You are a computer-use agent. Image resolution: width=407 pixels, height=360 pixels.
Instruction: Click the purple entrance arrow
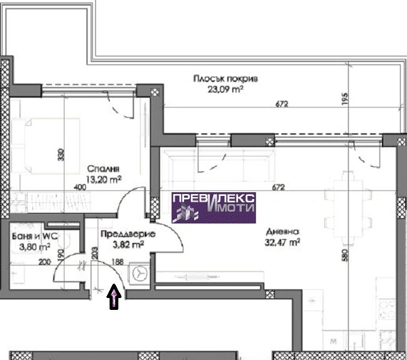tap(114, 297)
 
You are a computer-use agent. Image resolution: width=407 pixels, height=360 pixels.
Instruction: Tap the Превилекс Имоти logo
tap(214, 208)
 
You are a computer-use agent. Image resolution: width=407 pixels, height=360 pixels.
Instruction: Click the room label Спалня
tap(103, 168)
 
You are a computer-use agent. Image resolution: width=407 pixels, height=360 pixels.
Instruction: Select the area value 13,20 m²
tap(104, 179)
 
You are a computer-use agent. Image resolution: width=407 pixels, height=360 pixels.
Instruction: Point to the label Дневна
tap(282, 232)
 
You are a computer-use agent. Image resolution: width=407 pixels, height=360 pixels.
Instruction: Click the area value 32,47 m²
tap(282, 242)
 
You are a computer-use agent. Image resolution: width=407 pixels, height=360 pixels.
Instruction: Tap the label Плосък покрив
tap(226, 78)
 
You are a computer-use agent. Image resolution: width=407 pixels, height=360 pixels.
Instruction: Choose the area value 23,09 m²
tap(225, 90)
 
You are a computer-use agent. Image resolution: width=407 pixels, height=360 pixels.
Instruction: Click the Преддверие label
tap(128, 234)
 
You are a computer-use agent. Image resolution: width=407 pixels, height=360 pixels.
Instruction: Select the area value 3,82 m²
tap(128, 245)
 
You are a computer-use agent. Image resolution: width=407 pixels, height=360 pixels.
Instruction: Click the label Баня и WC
tap(35, 236)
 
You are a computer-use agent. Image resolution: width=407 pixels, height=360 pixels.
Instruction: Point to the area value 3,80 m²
tap(35, 247)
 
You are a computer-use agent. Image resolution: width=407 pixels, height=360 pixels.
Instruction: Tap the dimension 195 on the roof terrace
tap(344, 99)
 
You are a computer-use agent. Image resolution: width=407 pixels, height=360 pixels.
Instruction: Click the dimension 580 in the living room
tap(345, 255)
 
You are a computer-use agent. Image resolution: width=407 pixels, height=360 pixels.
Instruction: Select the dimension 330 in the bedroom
tap(61, 155)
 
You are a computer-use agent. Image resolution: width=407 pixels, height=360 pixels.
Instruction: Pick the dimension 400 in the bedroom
tap(80, 187)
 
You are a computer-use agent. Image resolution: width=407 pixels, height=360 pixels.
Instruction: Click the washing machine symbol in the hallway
tap(140, 274)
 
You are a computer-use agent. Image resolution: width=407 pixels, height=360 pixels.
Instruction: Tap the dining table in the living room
tap(348, 208)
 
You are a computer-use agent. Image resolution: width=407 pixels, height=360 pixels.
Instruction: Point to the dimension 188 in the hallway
tap(117, 262)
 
